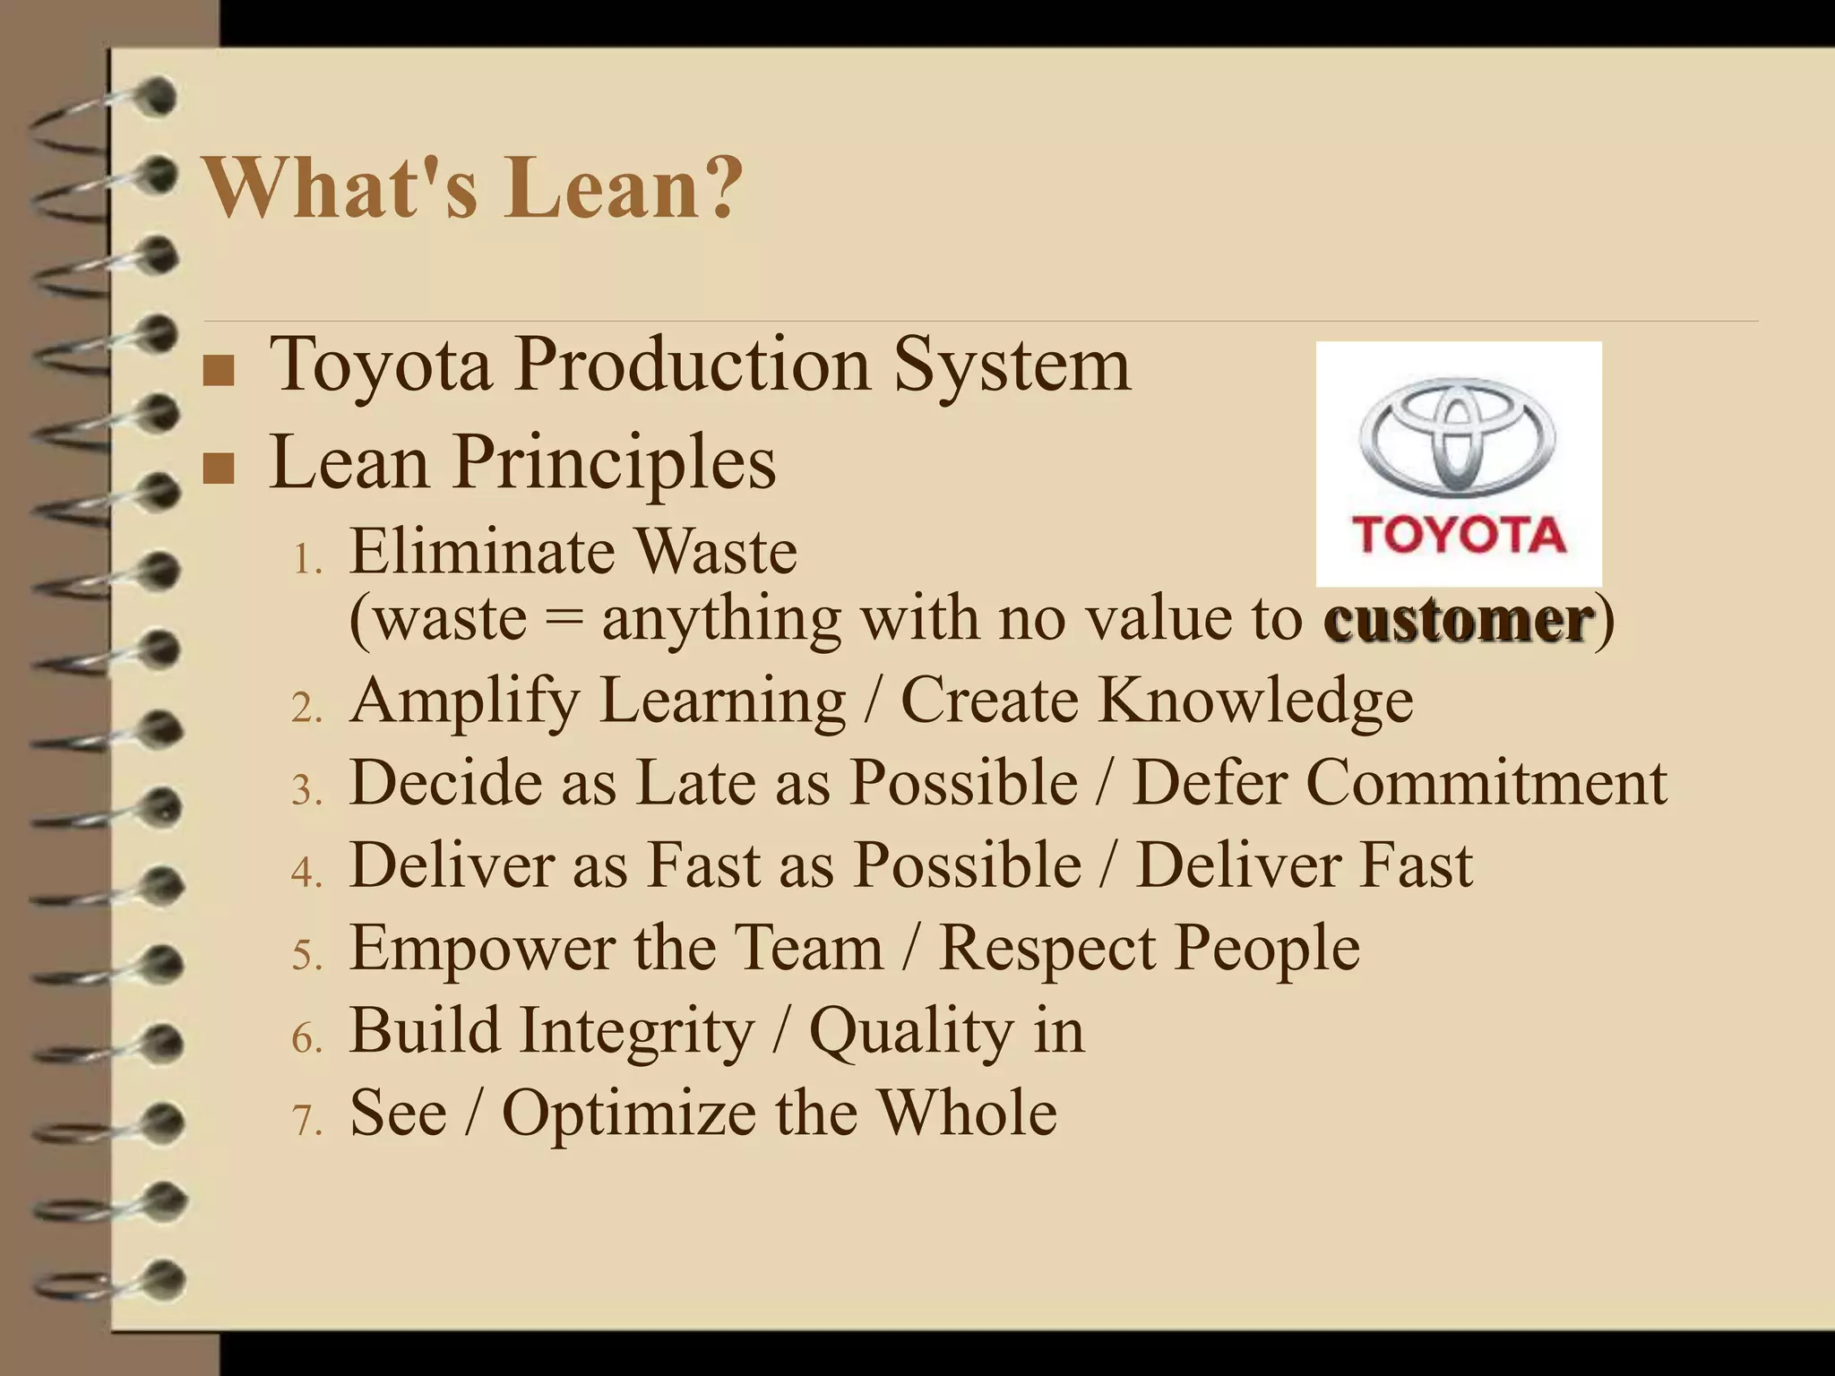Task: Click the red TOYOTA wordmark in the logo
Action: tap(1459, 535)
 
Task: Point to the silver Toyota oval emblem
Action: tap(1458, 436)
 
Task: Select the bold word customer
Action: tap(1458, 619)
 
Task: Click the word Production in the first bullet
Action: tap(692, 365)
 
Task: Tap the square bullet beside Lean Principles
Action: tap(219, 468)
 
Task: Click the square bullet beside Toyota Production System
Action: tap(219, 371)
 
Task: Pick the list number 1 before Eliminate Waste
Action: tap(306, 561)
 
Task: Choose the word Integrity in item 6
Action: tap(638, 1031)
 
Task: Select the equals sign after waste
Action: tap(564, 619)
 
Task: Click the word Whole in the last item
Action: tap(967, 1113)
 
